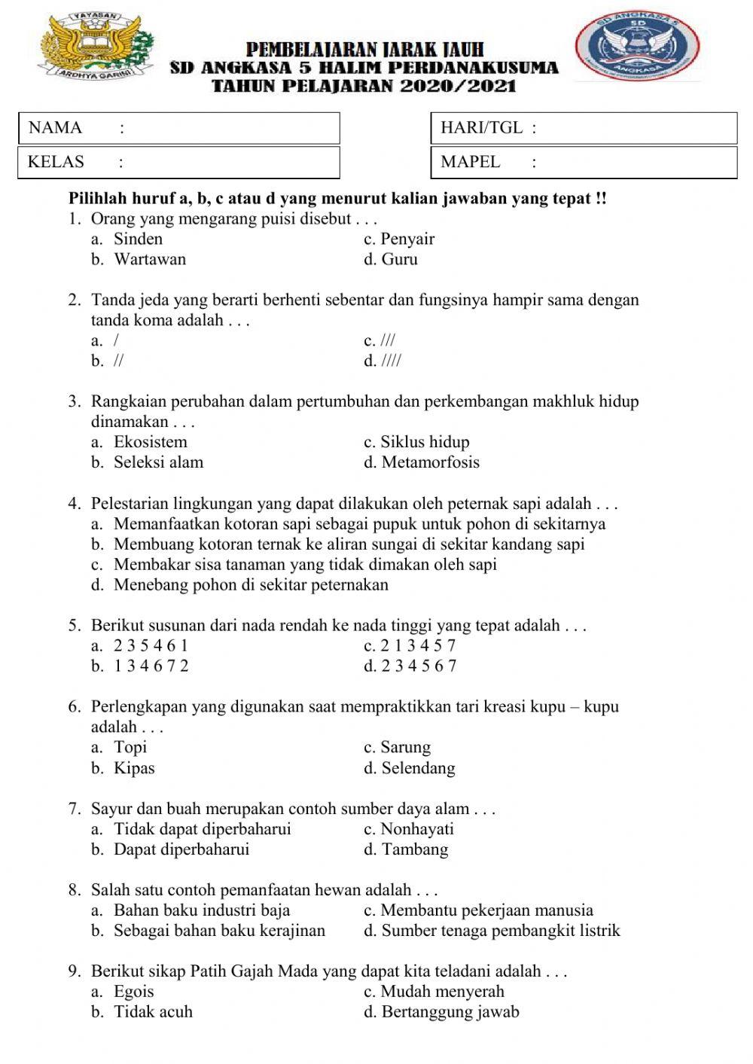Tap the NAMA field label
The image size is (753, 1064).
(x=55, y=128)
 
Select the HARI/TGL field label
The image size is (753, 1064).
(x=481, y=128)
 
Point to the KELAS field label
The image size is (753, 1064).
(x=56, y=162)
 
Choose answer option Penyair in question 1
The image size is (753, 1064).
(x=407, y=239)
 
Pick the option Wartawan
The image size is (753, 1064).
(x=149, y=260)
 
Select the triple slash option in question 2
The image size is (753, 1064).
(x=387, y=341)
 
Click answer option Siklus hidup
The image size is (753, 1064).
(x=424, y=442)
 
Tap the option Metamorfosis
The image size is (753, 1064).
(x=429, y=462)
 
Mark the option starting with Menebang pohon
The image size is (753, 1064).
(x=251, y=585)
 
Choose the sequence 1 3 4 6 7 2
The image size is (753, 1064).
(x=151, y=666)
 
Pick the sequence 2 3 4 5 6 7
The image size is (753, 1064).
(x=419, y=666)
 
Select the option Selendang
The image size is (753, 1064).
(x=418, y=769)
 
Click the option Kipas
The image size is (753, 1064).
(x=133, y=769)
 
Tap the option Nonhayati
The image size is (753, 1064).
(x=416, y=830)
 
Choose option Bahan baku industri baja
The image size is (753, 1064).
(x=201, y=910)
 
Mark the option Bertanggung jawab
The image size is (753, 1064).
(x=450, y=1012)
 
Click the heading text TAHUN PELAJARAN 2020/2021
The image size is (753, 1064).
(x=364, y=86)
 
